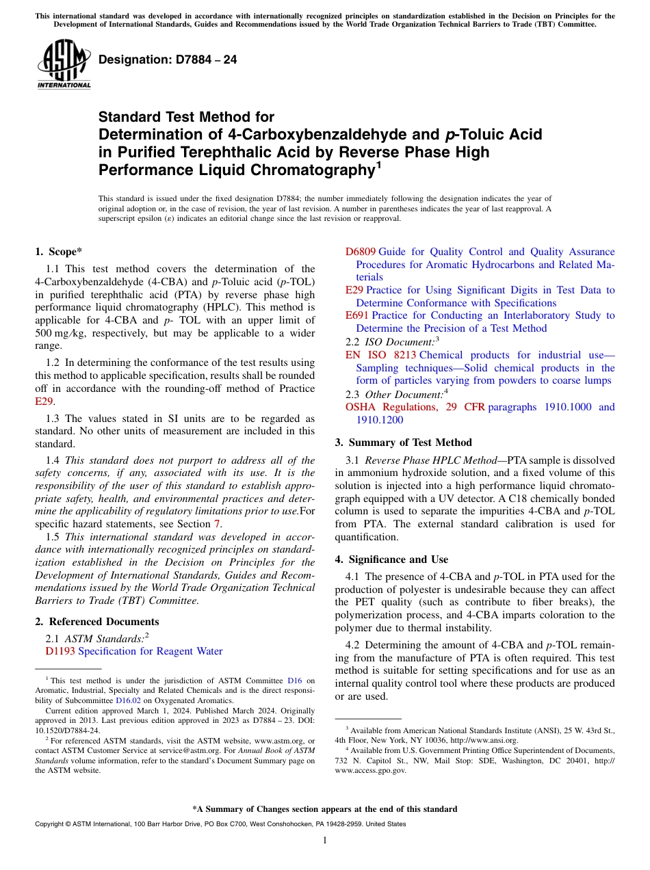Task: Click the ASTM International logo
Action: tap(64, 65)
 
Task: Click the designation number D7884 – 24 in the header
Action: tap(168, 60)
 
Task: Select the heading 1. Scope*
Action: tap(60, 252)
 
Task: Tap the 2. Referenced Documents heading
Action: tap(97, 622)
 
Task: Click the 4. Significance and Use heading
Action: tap(391, 559)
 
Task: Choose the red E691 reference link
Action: tap(356, 315)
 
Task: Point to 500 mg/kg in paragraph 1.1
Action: tap(61, 333)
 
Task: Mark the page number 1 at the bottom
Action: tap(324, 841)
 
